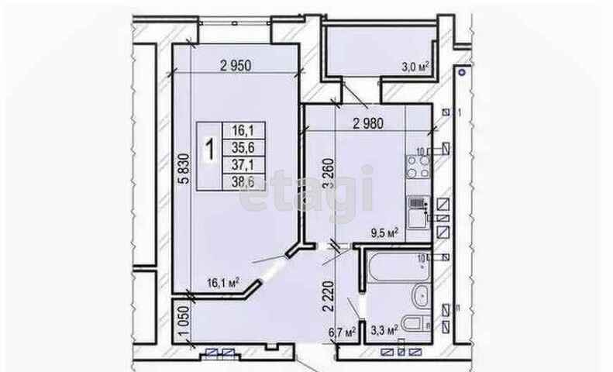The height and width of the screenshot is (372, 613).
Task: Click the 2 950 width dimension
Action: tap(237, 65)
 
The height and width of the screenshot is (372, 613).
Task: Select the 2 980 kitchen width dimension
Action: tap(369, 122)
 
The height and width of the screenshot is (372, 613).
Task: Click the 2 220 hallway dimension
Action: tap(329, 294)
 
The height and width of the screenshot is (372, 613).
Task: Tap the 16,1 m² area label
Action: tap(222, 282)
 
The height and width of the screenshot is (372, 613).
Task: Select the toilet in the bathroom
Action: tap(416, 324)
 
